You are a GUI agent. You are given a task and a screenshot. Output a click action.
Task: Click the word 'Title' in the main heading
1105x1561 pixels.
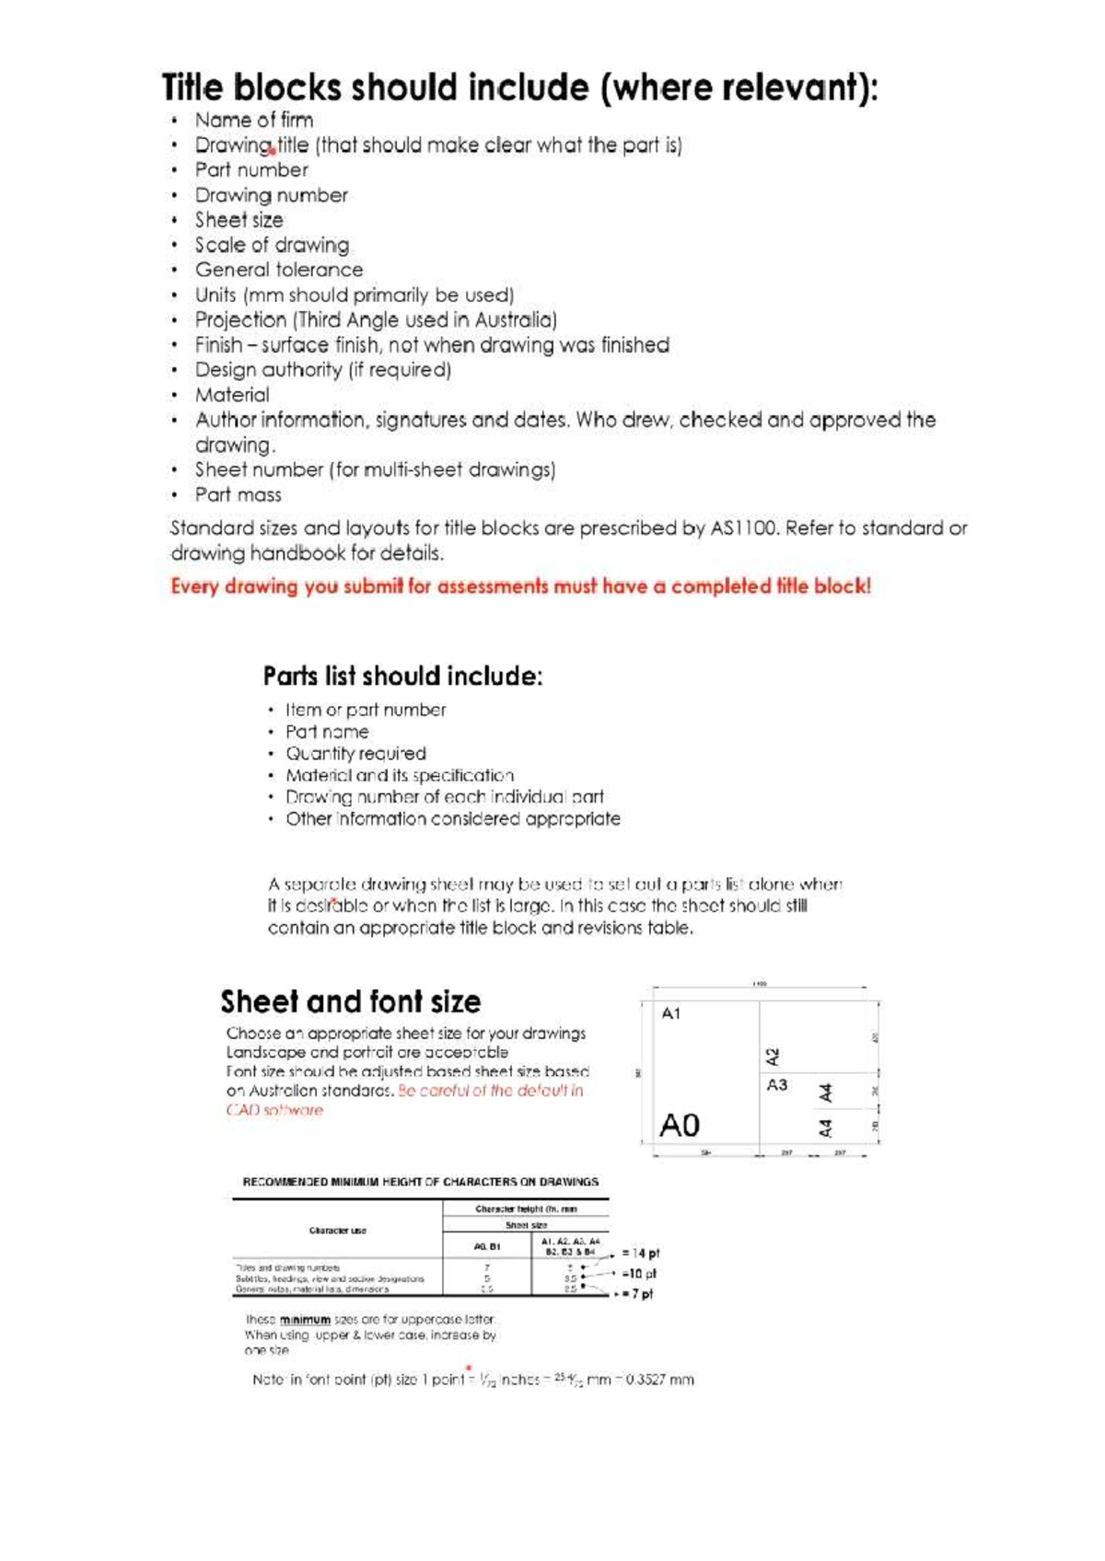(192, 88)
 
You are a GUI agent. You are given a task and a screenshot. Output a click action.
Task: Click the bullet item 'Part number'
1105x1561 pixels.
(251, 170)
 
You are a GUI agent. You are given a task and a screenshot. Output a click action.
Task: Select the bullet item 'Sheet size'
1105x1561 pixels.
(238, 220)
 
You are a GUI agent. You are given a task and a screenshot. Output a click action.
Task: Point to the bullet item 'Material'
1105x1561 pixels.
(232, 395)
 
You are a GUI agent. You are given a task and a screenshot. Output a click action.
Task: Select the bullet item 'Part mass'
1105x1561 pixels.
(238, 495)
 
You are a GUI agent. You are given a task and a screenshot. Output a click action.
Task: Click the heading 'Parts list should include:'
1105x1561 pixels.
(402, 676)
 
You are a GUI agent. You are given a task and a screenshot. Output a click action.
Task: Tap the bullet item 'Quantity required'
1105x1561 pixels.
(355, 754)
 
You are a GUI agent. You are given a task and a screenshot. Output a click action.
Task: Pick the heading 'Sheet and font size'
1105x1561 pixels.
(350, 1001)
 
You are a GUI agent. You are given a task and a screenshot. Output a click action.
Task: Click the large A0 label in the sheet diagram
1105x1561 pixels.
(680, 1125)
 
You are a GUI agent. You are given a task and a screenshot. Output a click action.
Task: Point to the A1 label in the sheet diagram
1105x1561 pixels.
(671, 1013)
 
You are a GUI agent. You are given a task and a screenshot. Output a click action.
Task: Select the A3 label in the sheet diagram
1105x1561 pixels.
(777, 1085)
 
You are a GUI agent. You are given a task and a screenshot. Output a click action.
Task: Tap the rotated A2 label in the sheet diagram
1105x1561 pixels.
(773, 1056)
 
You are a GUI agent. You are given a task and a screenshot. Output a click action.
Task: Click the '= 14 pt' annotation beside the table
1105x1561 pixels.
(640, 1253)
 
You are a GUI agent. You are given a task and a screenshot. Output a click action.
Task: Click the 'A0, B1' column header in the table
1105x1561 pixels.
(487, 1246)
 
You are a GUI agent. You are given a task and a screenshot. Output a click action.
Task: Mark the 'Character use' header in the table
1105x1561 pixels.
(338, 1230)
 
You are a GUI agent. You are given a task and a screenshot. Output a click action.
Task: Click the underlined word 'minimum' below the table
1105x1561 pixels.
(305, 1319)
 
